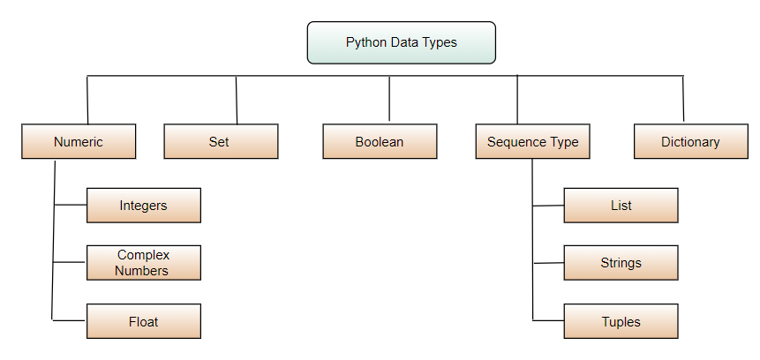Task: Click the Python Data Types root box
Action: (x=401, y=42)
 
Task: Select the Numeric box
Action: (x=79, y=141)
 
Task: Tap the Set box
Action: (x=221, y=141)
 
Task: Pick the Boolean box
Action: (x=380, y=141)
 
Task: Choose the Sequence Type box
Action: (x=532, y=141)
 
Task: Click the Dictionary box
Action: (x=690, y=141)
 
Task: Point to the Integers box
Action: (x=144, y=206)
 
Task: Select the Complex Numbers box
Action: (x=144, y=263)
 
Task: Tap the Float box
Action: (x=144, y=321)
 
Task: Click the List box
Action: (x=621, y=206)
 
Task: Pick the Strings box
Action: (x=621, y=263)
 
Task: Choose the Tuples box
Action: (x=621, y=321)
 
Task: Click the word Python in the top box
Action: (x=365, y=42)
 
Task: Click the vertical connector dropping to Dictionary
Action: (x=683, y=99)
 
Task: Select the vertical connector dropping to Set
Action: (x=237, y=100)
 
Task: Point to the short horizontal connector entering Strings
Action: (x=548, y=263)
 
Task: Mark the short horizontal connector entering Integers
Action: (x=71, y=206)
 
